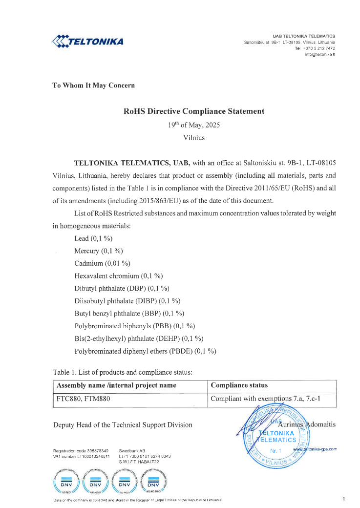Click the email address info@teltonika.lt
319,54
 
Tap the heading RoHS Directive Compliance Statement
194,111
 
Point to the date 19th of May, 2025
194,125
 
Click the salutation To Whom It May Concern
93,85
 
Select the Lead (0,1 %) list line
93,238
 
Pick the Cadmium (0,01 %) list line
102,263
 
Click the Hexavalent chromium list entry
118,276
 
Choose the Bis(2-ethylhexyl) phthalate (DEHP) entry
139,338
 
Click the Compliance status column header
239,385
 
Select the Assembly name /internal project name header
116,385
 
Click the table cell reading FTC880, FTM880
84,399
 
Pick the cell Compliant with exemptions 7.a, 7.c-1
266,399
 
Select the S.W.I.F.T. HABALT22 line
146,462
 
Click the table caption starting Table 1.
123,372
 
